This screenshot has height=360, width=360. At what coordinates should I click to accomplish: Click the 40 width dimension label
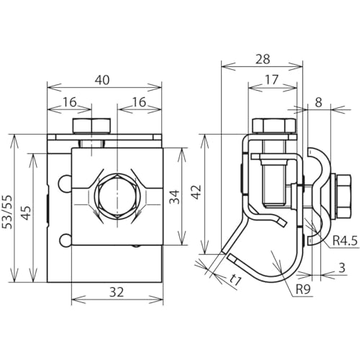(102, 80)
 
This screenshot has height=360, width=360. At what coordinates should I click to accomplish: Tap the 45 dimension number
(27, 212)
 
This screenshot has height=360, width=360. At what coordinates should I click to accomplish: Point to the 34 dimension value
(175, 197)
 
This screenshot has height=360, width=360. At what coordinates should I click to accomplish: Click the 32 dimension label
(117, 292)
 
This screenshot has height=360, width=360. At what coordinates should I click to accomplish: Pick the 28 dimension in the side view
(263, 59)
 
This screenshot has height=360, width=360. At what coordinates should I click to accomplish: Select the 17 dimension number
(271, 80)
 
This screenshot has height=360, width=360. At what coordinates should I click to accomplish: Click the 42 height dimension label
(197, 192)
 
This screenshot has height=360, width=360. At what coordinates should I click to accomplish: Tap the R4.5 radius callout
(345, 240)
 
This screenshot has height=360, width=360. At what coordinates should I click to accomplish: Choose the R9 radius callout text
(303, 289)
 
